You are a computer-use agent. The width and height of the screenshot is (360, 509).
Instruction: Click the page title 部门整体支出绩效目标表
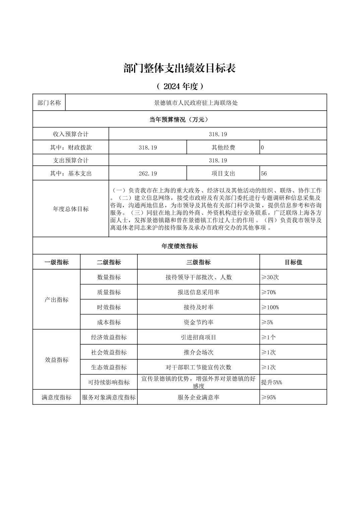180,68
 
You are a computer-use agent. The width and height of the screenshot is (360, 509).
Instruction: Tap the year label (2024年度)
180,86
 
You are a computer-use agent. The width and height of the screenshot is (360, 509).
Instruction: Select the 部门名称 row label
49,103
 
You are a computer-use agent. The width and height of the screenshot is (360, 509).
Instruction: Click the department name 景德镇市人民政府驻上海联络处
196,103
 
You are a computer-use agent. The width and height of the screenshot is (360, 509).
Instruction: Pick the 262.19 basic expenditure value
147,173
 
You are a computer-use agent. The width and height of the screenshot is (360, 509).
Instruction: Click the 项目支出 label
223,173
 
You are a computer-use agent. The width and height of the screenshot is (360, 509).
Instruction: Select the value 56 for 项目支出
264,173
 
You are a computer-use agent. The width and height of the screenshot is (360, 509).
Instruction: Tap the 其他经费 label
223,147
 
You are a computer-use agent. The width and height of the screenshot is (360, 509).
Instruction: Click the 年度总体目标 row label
71,209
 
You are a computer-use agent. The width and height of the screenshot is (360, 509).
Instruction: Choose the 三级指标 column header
198,262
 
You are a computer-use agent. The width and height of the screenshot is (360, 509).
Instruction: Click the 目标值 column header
293,262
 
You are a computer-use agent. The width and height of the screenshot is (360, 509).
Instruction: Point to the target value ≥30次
270,277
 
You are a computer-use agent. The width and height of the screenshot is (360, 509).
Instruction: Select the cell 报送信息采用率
198,292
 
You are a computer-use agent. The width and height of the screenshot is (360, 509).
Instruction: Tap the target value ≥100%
270,307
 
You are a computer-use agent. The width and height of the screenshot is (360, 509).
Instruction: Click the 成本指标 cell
109,322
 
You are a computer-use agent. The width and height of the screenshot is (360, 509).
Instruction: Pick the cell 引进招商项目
198,337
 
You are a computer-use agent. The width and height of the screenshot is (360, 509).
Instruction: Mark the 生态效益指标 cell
109,367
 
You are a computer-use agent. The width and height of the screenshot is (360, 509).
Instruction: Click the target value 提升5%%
272,382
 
